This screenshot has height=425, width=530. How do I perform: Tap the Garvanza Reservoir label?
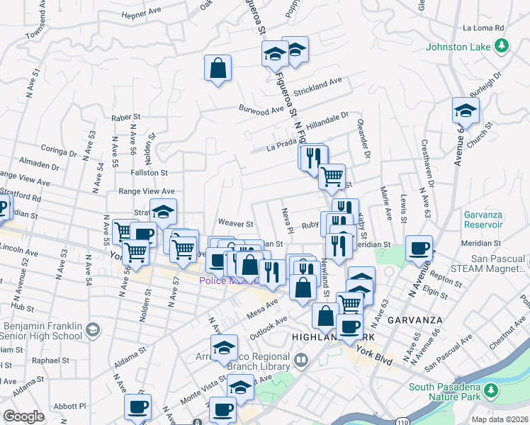tap(489, 220)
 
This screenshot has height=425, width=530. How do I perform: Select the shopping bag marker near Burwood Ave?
tap(218, 69)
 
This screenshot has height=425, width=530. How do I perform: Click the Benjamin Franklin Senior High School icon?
tap(92, 329)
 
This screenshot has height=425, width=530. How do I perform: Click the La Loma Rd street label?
tap(483, 28)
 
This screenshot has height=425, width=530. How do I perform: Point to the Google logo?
tap(23, 416)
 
